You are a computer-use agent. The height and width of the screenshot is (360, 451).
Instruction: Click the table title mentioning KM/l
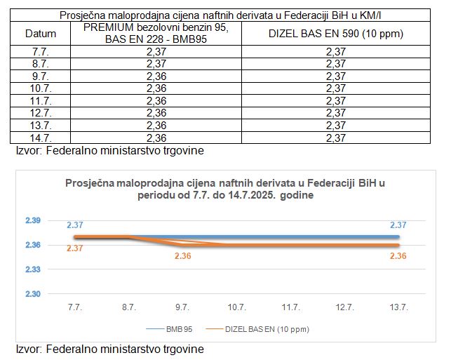click(224, 15)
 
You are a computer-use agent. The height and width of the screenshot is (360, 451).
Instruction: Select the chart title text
click(224, 189)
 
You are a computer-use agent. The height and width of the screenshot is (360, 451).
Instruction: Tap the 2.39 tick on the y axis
click(34, 220)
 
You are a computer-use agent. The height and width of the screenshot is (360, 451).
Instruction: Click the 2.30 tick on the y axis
click(34, 294)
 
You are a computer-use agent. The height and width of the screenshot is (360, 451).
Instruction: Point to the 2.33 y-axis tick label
click(34, 269)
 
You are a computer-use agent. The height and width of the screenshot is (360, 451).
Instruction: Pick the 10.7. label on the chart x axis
click(236, 307)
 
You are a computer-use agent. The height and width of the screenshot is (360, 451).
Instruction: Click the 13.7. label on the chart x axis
click(398, 307)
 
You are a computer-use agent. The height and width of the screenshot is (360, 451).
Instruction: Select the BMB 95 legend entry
click(175, 328)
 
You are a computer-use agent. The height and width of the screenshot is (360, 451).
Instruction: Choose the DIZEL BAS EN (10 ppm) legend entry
click(267, 328)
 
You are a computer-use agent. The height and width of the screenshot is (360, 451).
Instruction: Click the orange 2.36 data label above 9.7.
click(182, 256)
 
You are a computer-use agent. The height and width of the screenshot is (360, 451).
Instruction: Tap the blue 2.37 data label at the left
click(76, 225)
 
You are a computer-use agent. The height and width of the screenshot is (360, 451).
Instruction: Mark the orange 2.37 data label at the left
click(76, 248)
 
